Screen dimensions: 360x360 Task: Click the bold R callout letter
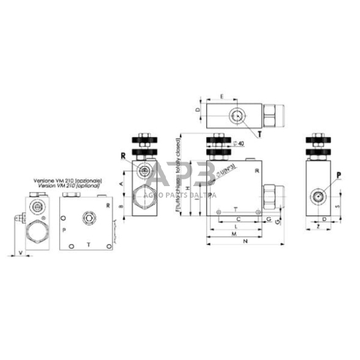click(x=124, y=156)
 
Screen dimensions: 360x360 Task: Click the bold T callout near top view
click(x=260, y=132)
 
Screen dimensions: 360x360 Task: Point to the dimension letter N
click(x=245, y=242)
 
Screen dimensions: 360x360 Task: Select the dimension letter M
click(x=234, y=234)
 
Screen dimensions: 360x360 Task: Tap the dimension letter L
click(x=236, y=226)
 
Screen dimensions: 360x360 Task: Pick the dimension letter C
click(x=237, y=218)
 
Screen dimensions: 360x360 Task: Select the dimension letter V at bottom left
click(x=22, y=252)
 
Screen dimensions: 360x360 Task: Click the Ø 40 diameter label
click(x=241, y=143)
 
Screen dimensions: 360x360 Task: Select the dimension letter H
click(x=187, y=187)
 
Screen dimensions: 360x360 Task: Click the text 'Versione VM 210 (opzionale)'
click(x=67, y=181)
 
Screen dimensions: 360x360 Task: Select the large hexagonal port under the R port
click(x=143, y=196)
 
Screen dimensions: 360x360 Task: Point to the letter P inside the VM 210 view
click(x=64, y=230)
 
